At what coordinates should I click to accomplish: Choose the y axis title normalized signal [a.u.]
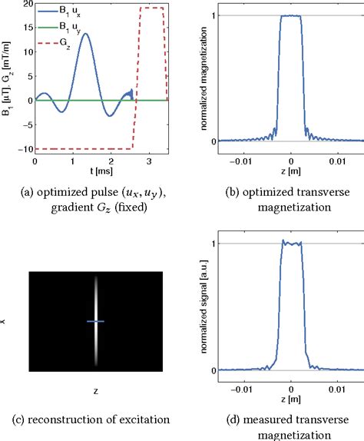(x=202, y=307)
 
